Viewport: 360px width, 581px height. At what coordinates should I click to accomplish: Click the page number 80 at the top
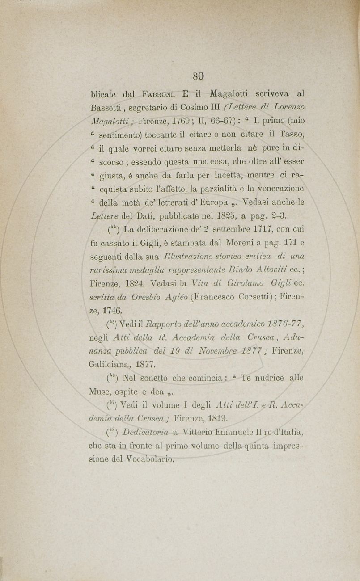coord(199,76)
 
